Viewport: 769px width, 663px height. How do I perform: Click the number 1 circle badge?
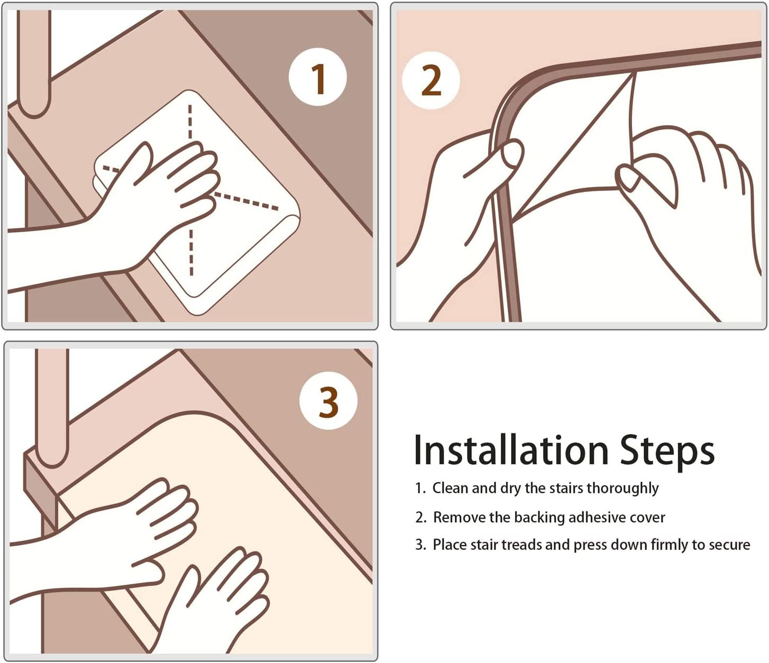point(318,77)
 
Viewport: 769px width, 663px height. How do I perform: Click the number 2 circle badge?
point(431,80)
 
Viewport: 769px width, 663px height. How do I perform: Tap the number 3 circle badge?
point(328,400)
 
